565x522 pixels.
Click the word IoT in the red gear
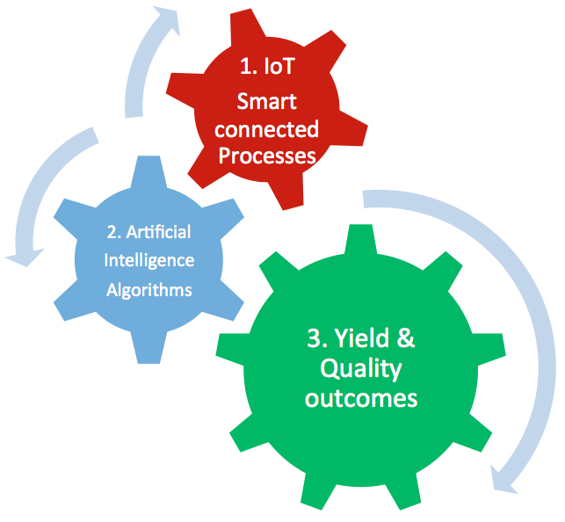pyautogui.click(x=279, y=66)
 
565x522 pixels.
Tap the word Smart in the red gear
pyautogui.click(x=266, y=101)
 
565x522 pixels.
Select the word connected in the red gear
pyautogui.click(x=266, y=129)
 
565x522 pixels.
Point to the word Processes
pyautogui.click(x=267, y=156)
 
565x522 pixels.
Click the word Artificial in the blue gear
pyautogui.click(x=158, y=232)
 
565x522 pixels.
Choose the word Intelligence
pyautogui.click(x=149, y=261)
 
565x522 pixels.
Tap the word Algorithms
pyautogui.click(x=149, y=290)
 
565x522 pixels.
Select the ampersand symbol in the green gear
pyautogui.click(x=406, y=338)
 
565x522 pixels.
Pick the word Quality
pyautogui.click(x=361, y=369)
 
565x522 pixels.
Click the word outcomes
pyautogui.click(x=361, y=398)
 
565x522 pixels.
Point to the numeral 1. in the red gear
pyautogui.click(x=249, y=66)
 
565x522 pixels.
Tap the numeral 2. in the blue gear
pyautogui.click(x=114, y=232)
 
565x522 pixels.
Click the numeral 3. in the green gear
pyautogui.click(x=317, y=338)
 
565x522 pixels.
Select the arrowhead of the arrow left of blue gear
pyautogui.click(x=25, y=257)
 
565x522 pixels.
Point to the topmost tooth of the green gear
pyautogui.click(x=360, y=241)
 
